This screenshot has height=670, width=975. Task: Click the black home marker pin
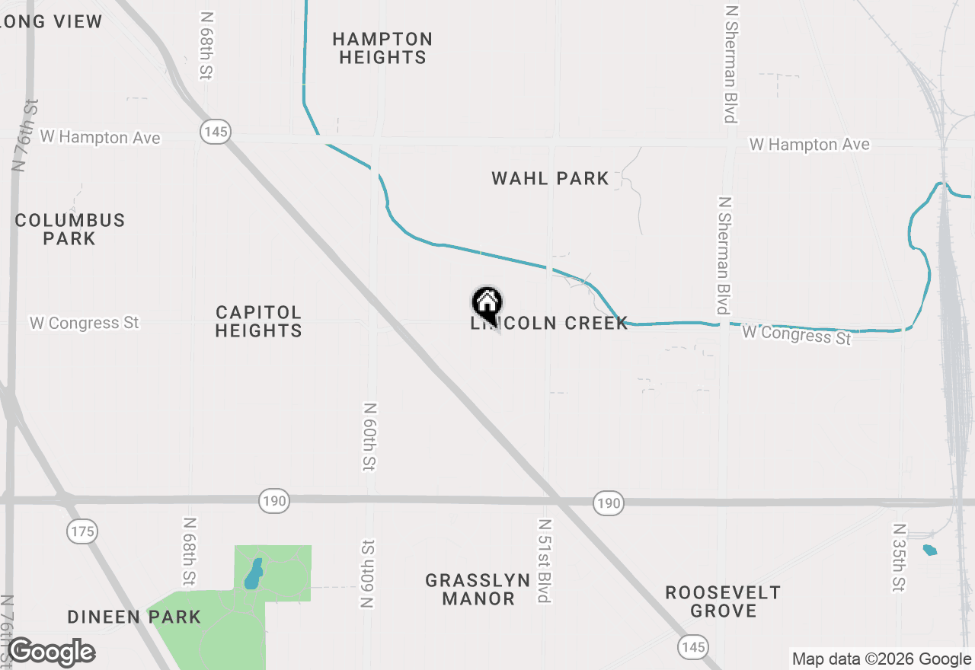(487, 305)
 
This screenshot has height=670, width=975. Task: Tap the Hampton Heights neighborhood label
(382, 48)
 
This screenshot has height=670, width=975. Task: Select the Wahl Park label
(550, 179)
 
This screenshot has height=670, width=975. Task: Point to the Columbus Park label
(69, 229)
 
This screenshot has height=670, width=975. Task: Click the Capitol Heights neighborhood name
(258, 321)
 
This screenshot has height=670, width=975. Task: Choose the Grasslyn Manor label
(478, 589)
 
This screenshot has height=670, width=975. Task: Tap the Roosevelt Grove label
(723, 601)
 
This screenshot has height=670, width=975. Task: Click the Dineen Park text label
(134, 617)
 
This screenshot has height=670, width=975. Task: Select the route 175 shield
(82, 531)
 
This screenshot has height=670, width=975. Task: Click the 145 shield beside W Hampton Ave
(216, 132)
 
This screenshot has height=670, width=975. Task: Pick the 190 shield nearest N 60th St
(274, 501)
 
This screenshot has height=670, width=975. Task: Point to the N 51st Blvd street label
(544, 561)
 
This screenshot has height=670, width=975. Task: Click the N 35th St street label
(899, 557)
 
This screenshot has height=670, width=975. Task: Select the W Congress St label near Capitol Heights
(85, 323)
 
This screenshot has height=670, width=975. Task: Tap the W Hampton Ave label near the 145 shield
(101, 137)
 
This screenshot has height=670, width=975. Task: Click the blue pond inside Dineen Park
(253, 574)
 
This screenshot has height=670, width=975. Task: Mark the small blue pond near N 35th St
(930, 550)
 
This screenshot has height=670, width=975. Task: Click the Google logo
(51, 652)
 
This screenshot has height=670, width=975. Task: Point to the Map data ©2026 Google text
(881, 659)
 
